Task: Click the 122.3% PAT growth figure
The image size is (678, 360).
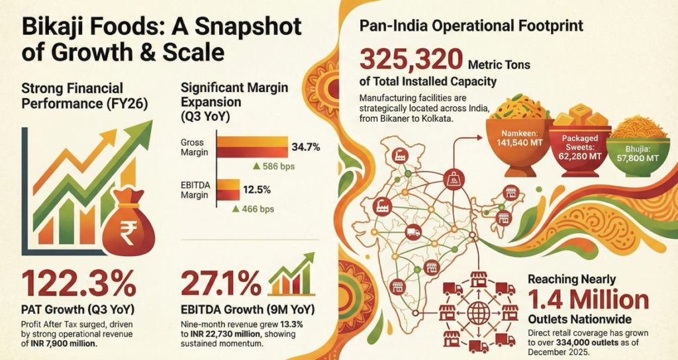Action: (78, 285)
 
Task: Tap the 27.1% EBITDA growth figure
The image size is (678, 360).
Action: (221, 285)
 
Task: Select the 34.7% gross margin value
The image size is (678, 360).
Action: (306, 147)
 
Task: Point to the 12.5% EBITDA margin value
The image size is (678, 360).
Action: (258, 190)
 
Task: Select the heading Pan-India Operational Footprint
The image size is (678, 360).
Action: (471, 27)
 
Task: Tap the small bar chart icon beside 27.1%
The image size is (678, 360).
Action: (291, 282)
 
